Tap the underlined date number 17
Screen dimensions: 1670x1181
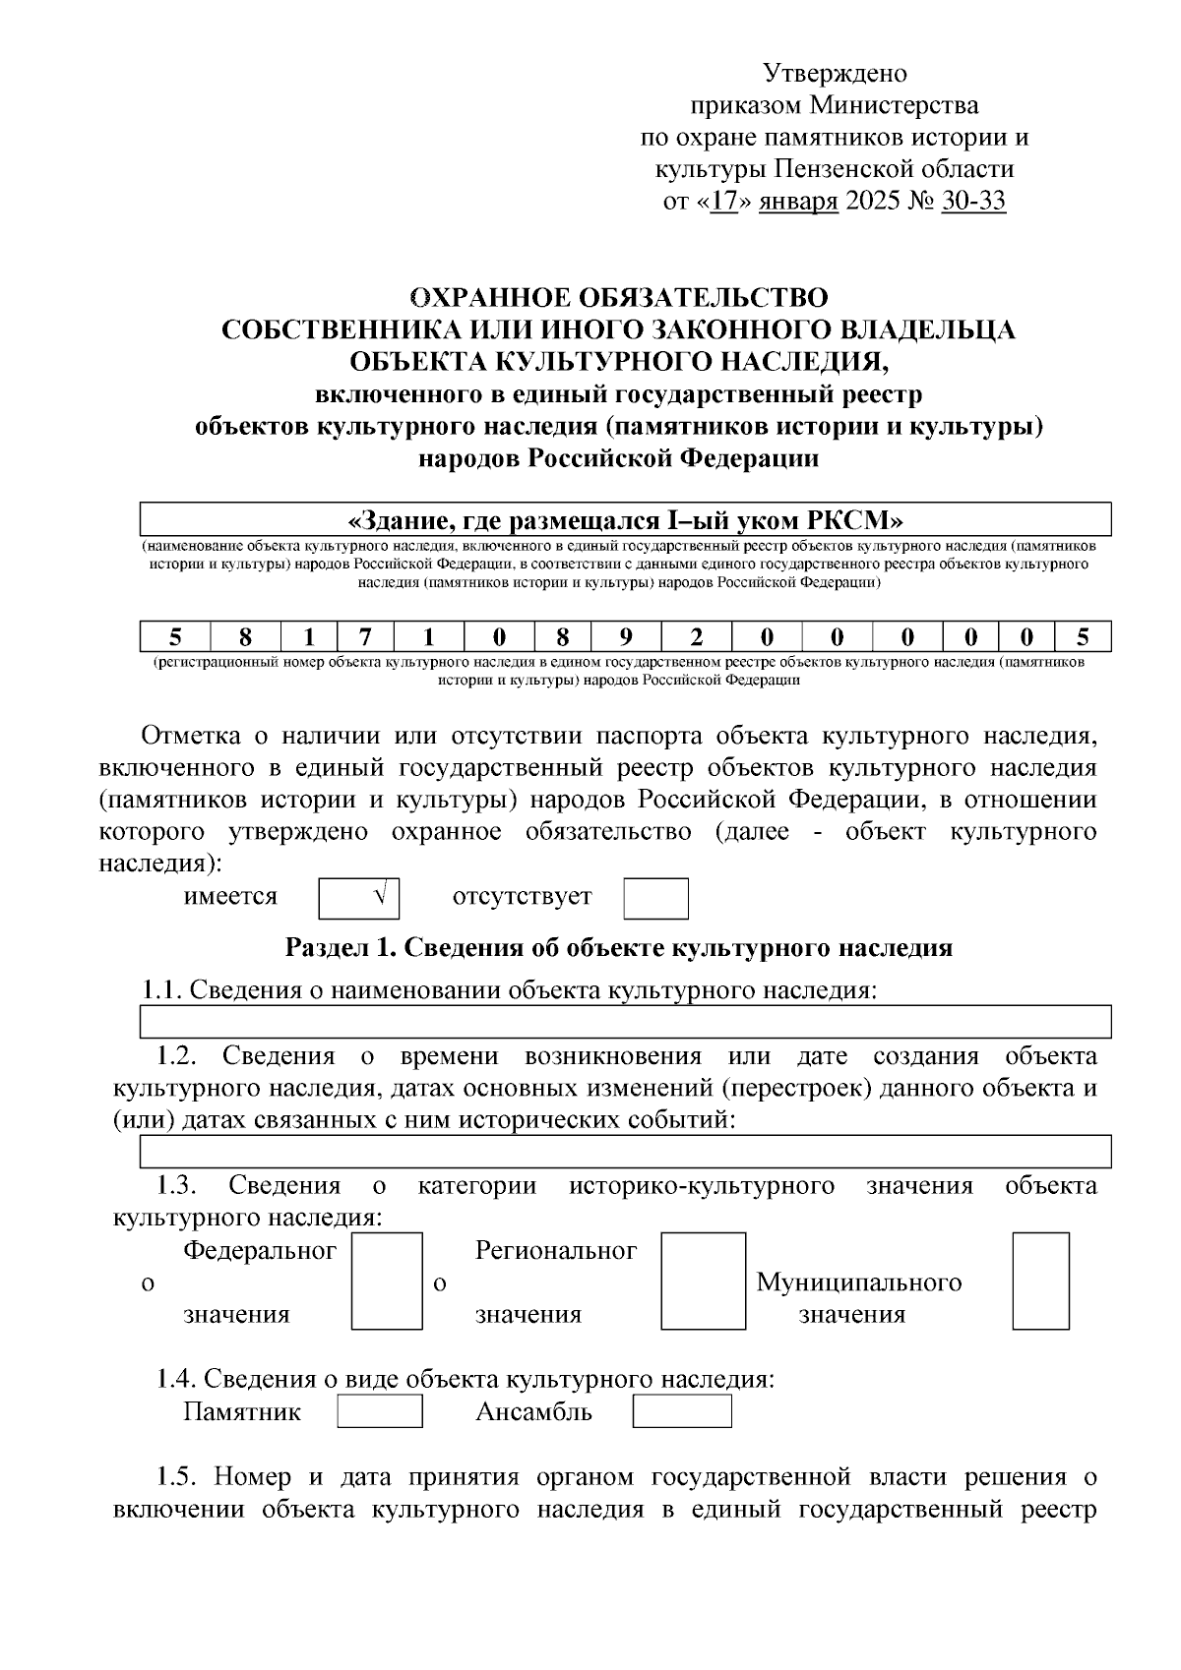723,202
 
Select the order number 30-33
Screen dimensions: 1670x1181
973,202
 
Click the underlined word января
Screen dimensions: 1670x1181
799,202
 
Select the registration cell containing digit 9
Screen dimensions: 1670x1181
626,637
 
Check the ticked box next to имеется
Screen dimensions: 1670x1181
358,898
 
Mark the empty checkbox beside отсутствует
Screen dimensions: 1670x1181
655,898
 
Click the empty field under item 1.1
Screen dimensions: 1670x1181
626,1022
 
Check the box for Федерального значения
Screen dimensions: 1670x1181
387,1282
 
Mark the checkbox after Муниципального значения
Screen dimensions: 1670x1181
1040,1282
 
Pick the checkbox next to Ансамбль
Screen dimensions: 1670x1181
681,1412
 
